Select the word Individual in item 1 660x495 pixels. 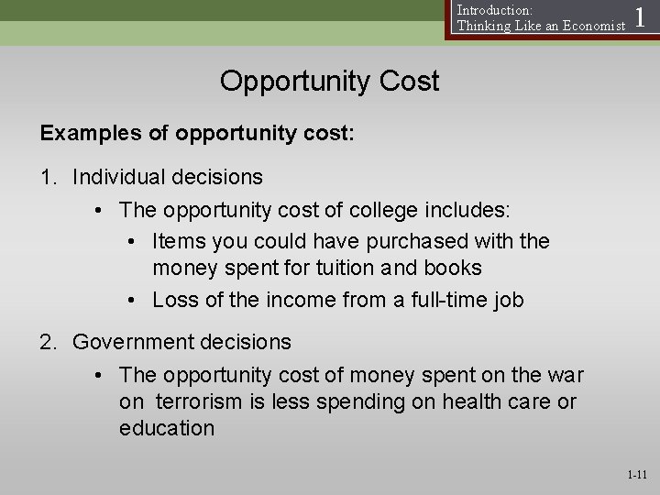117,175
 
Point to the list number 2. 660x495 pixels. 46,343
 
